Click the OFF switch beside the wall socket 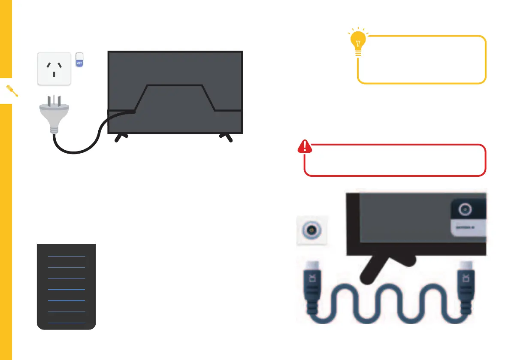79,60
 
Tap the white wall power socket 54,68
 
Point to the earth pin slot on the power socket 54,74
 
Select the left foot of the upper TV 121,137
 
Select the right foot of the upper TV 226,137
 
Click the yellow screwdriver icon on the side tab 12,91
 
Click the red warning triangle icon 305,147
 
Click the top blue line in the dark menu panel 66,256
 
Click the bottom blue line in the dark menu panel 66,322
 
